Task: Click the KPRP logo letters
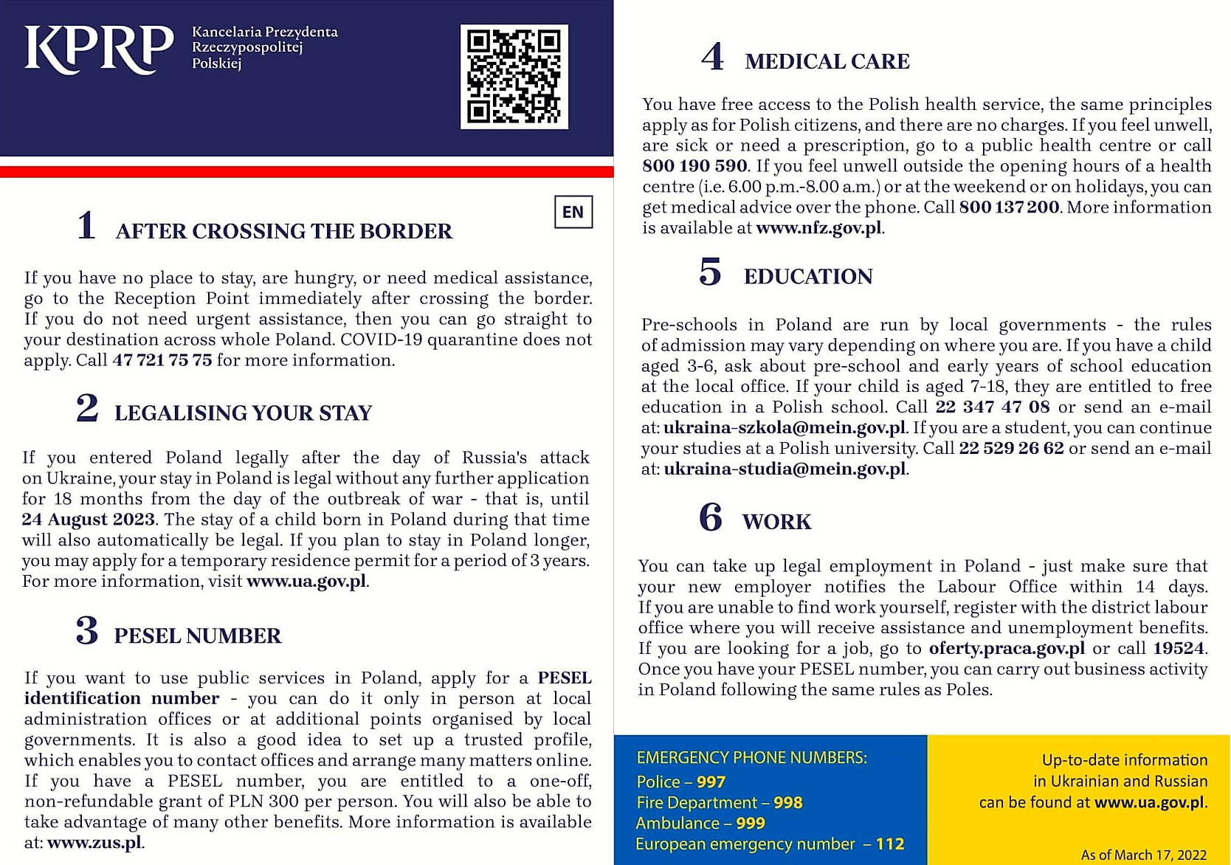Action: [x=98, y=49]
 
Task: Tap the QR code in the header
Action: [x=514, y=76]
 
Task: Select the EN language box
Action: [x=573, y=213]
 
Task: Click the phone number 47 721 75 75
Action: [x=162, y=360]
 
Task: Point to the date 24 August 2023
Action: [x=88, y=520]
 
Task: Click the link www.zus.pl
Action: [x=94, y=843]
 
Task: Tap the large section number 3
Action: [x=87, y=632]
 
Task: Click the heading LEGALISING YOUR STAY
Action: [x=243, y=413]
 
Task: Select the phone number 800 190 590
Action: [x=694, y=166]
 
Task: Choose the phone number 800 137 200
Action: [x=1009, y=207]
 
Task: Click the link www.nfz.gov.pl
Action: [x=818, y=228]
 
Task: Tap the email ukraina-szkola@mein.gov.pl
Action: [x=784, y=428]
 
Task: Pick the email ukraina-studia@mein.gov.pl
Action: [x=785, y=469]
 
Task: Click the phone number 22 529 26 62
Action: [x=1011, y=449]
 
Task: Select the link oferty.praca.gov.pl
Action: [x=1007, y=649]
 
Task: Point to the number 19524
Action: [x=1178, y=649]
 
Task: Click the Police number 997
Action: [x=711, y=782]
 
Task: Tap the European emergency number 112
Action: [x=890, y=844]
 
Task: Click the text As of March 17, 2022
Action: [x=1143, y=855]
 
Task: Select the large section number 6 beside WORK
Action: [x=711, y=517]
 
